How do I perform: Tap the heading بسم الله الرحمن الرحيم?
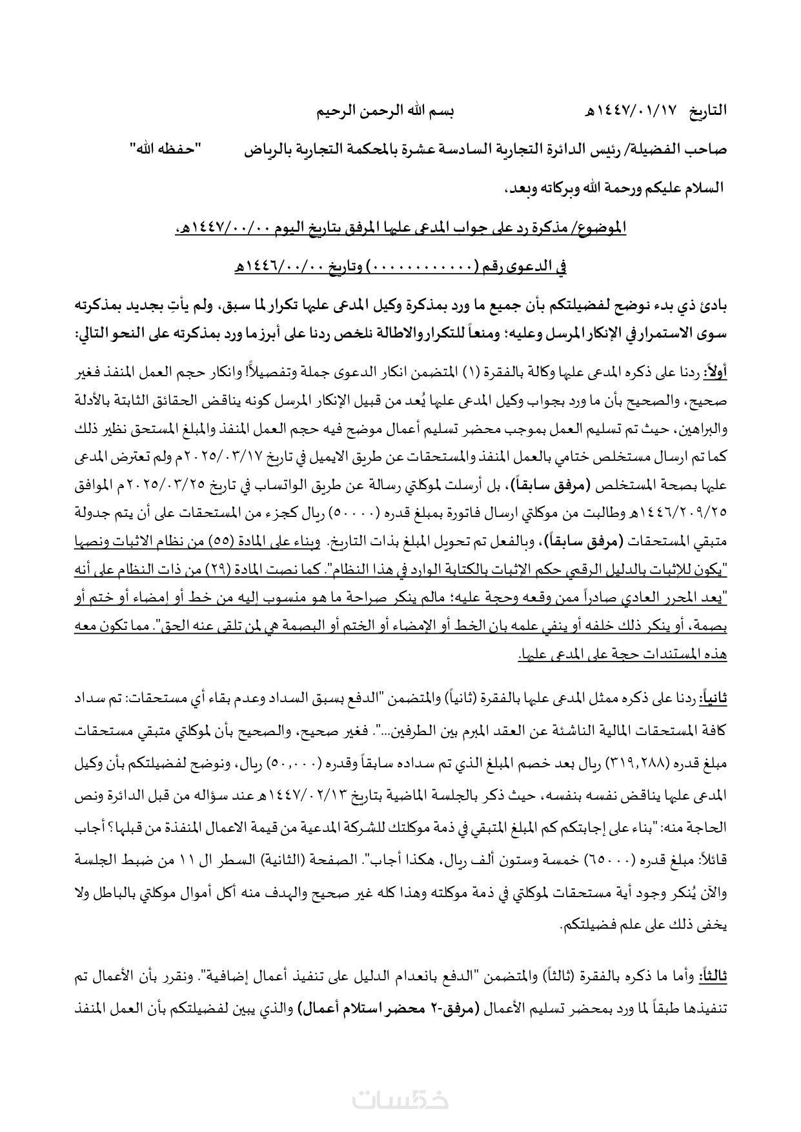tap(385, 110)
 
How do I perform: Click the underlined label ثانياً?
tap(714, 698)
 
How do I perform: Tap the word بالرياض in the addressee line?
tap(270, 149)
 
